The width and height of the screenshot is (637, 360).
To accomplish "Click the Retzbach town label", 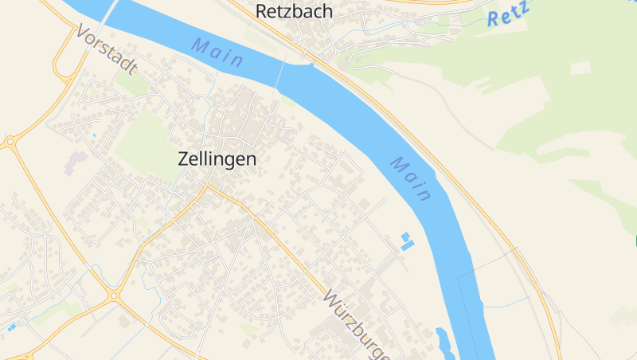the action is [294, 11].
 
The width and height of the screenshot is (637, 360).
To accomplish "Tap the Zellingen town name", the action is [217, 159].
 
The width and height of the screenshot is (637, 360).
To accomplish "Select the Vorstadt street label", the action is [107, 49].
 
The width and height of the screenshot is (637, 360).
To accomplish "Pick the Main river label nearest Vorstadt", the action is [217, 53].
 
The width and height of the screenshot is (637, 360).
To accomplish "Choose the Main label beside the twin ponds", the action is [412, 178].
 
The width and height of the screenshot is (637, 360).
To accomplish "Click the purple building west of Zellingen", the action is [76, 162].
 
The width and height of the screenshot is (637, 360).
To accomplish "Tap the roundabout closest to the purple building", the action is [10, 143].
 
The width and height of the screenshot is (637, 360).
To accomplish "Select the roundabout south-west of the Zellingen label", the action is [114, 295].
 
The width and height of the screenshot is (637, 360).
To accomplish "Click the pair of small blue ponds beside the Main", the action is [407, 241].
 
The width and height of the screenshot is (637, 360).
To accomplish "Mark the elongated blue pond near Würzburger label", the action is [444, 342].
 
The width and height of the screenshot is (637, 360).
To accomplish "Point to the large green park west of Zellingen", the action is [147, 144].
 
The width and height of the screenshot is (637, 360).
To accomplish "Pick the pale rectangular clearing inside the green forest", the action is [580, 68].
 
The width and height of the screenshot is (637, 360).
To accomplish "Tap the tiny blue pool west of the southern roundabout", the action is [11, 326].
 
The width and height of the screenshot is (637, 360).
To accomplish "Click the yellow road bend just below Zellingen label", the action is [209, 188].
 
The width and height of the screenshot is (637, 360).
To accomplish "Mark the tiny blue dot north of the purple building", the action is [94, 135].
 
